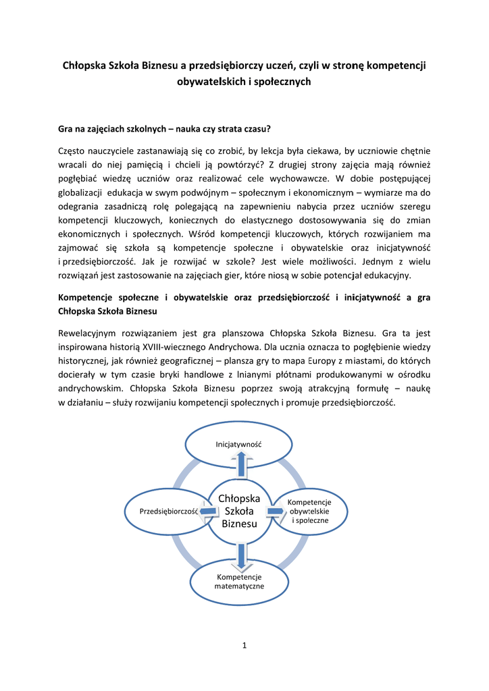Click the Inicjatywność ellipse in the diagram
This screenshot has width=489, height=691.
[238, 445]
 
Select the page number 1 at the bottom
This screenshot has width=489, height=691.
[244, 646]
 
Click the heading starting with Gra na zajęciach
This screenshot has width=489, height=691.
[165, 128]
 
